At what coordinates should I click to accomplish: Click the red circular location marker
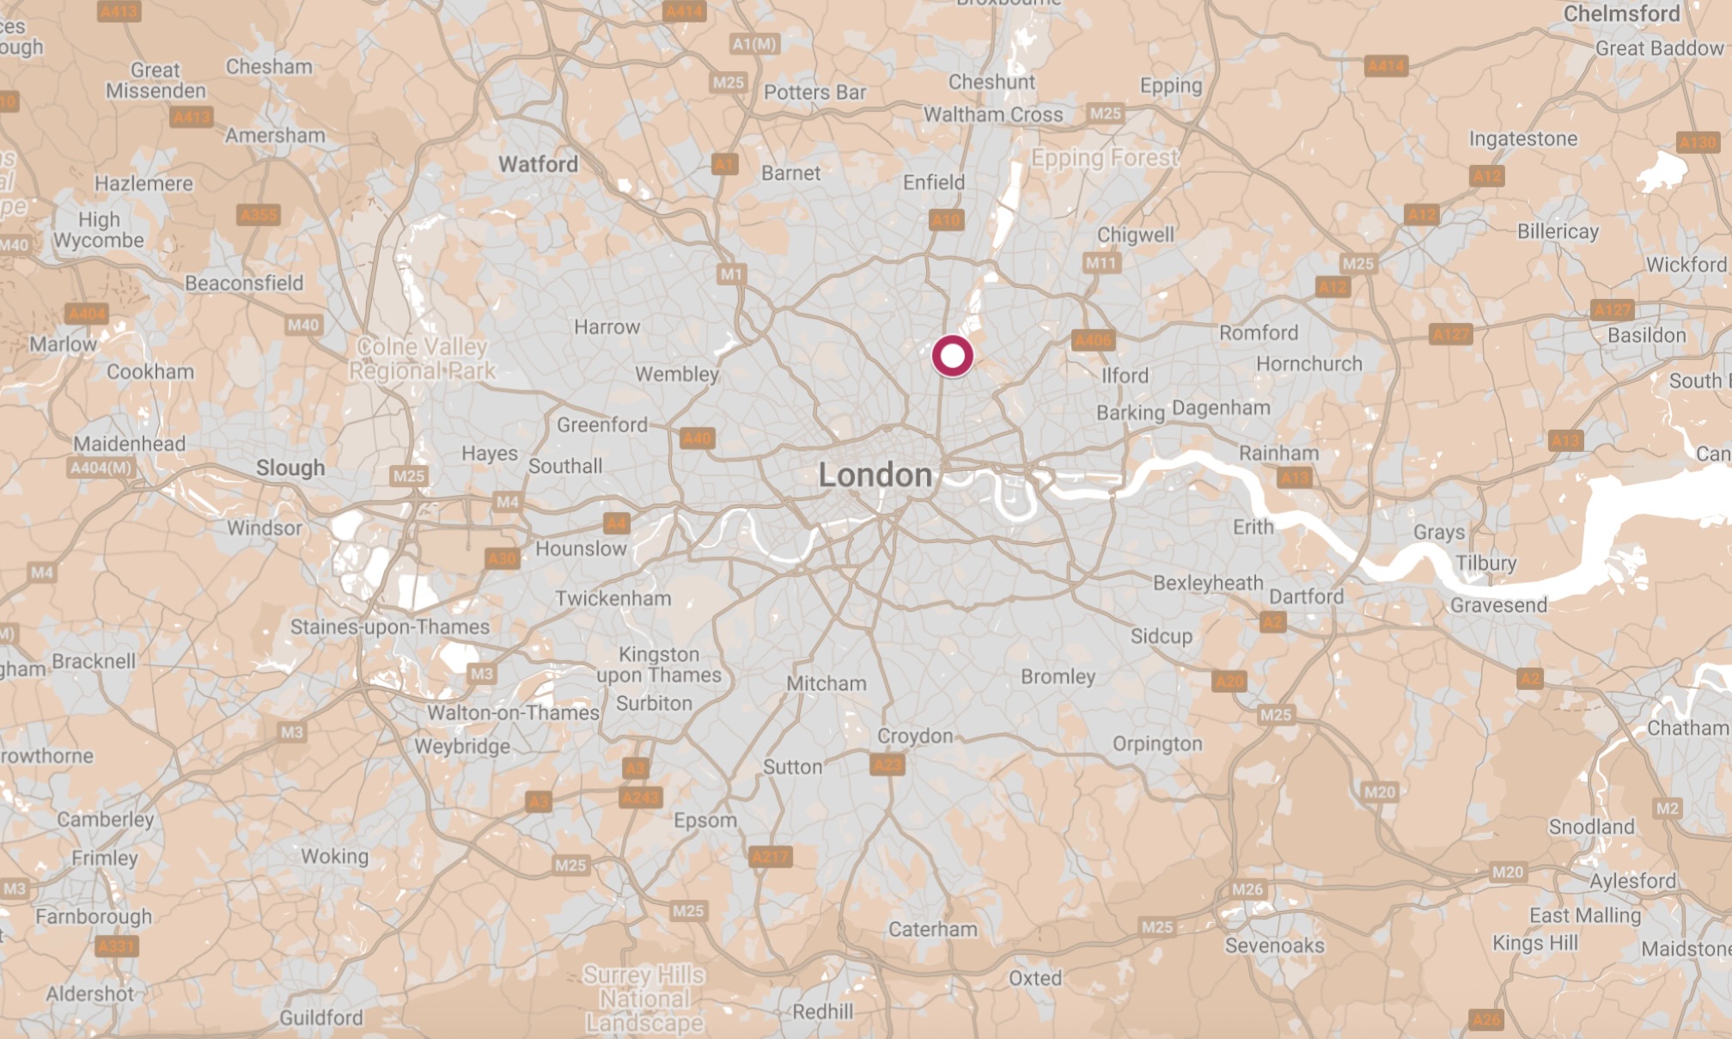952,356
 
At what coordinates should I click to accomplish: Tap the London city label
875,475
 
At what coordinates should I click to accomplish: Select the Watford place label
538,164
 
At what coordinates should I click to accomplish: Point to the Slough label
290,468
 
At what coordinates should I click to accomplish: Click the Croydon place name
915,736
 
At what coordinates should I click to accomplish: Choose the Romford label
1259,333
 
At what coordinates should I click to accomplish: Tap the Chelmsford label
1621,14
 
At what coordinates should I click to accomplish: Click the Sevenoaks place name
1274,946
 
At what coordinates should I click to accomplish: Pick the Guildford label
321,1018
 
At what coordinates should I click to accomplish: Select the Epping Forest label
1105,158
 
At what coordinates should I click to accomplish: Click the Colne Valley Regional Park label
422,359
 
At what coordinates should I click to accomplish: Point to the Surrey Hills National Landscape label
644,999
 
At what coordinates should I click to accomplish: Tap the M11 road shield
1101,264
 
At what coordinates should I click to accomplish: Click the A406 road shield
1093,341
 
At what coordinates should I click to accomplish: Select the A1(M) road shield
754,44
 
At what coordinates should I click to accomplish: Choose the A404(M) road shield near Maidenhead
101,468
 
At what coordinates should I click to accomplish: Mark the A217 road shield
770,857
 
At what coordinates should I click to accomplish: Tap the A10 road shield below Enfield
946,220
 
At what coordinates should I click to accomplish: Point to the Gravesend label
1498,606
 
